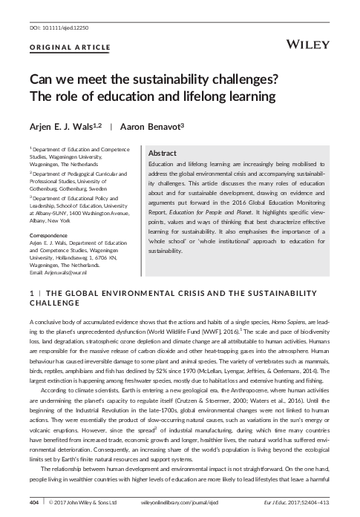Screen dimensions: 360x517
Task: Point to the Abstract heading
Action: pos(163,151)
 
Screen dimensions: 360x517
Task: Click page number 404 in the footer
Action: pos(34,503)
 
